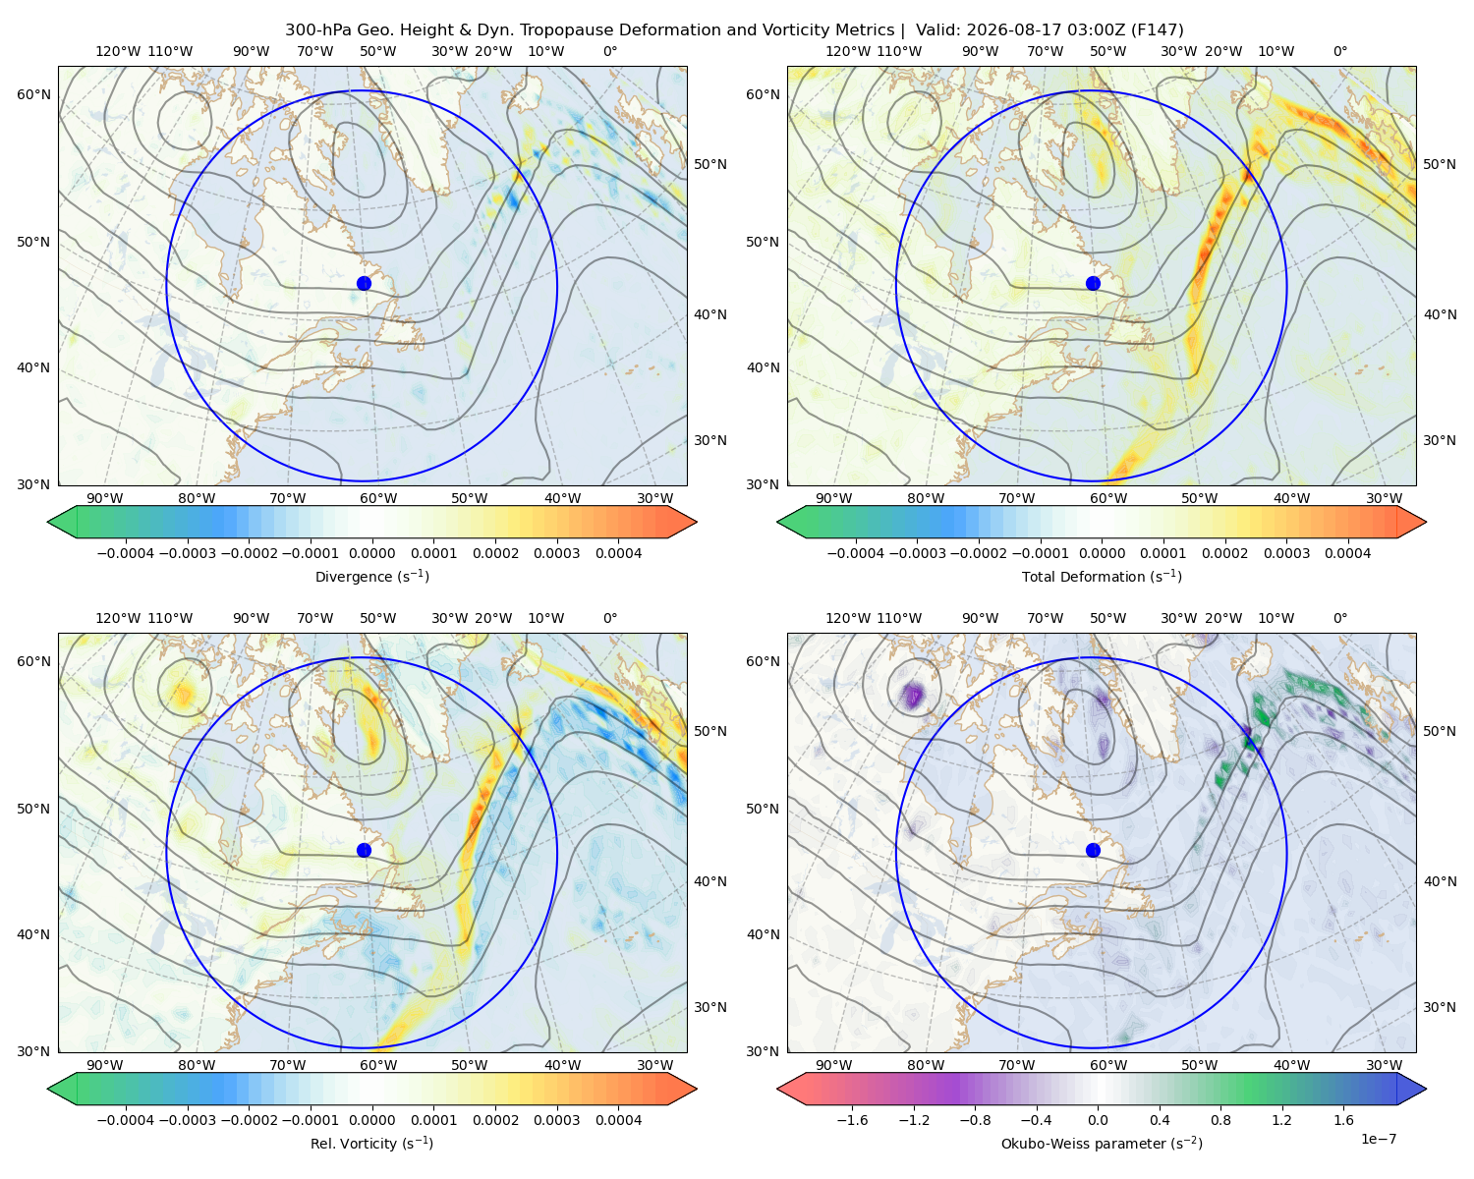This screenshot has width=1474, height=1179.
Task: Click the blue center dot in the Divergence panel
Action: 364,283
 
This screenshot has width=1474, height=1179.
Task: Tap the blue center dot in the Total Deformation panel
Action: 1093,283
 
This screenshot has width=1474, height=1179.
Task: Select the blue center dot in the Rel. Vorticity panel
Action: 364,850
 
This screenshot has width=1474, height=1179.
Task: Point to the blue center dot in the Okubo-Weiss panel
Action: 1093,850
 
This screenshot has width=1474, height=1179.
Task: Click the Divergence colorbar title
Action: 371,576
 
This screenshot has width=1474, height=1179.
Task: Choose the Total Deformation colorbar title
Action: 1102,576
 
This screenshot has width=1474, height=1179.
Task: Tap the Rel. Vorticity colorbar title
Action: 371,1143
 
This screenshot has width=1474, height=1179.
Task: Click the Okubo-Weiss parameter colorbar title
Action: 1102,1143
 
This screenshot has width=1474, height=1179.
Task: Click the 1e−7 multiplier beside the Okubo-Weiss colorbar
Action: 1378,1139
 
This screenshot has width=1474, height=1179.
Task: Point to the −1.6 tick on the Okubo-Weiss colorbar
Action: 852,1120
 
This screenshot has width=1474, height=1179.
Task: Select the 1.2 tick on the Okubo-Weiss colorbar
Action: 1281,1120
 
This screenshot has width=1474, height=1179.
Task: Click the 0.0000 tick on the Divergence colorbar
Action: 371,553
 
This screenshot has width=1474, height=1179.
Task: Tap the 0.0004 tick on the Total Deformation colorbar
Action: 1348,553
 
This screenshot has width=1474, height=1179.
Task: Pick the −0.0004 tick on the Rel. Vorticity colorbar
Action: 126,1120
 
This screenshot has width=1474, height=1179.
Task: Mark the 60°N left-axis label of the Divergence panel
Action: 33,94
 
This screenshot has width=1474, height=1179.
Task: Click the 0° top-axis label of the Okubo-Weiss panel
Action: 1339,618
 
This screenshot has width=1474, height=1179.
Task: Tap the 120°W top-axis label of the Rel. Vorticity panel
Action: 118,618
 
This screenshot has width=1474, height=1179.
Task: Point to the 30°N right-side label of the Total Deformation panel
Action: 1439,440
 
